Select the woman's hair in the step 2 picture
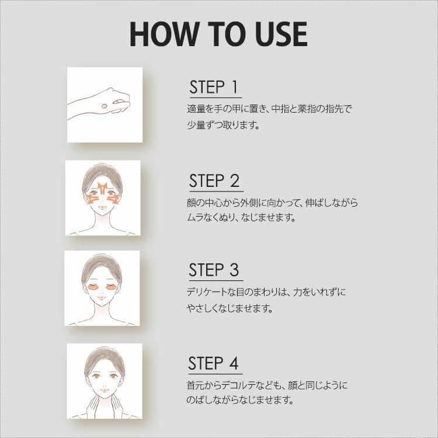[102, 173]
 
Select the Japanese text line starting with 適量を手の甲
[268, 109]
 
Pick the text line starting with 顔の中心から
[270, 203]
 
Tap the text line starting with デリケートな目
[268, 291]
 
